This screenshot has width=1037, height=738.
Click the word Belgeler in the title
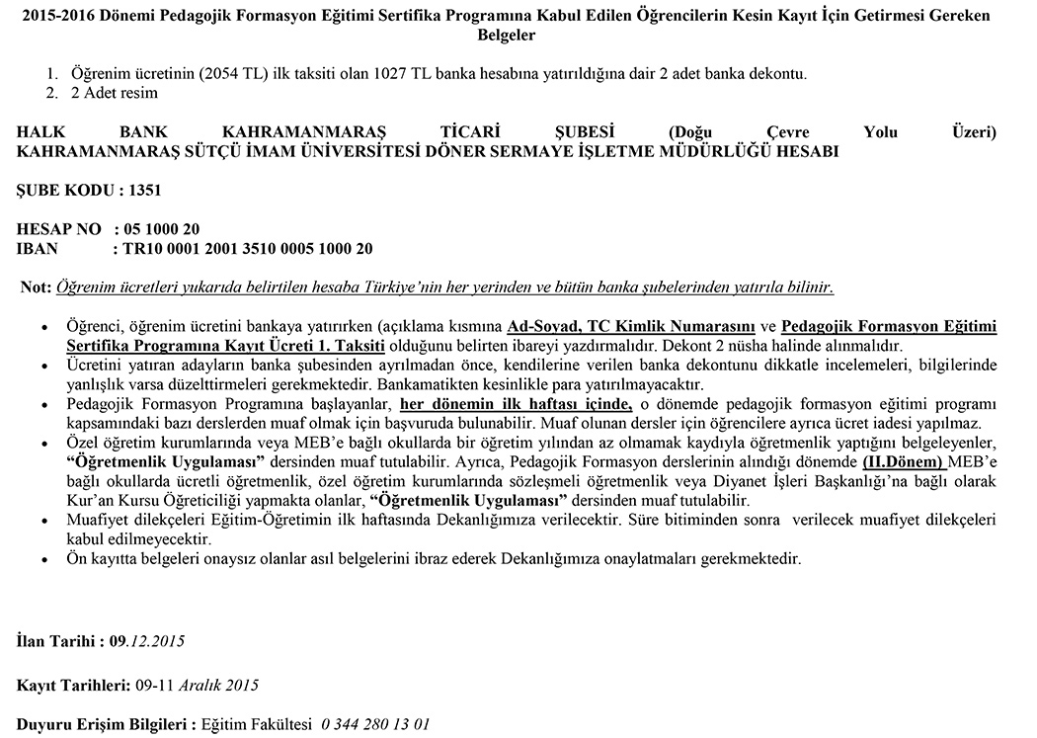tap(507, 36)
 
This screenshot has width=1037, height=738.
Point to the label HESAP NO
tap(58, 229)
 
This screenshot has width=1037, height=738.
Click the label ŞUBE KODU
tap(65, 191)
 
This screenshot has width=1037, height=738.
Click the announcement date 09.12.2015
tap(147, 641)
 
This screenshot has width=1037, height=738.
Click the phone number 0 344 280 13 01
tap(375, 724)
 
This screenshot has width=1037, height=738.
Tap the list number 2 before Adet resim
tap(51, 93)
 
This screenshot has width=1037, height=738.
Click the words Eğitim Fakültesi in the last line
tap(257, 724)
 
